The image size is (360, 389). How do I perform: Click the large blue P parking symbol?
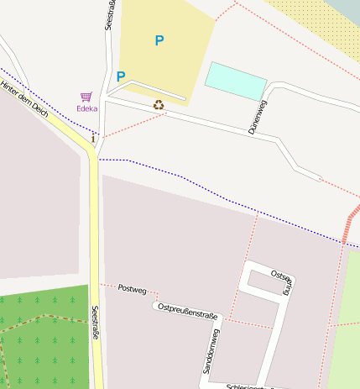159,39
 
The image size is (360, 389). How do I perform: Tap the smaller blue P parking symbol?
121,76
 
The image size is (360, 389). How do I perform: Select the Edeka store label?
87,108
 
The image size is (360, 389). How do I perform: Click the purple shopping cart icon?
86,97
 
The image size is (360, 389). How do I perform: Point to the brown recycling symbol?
159,105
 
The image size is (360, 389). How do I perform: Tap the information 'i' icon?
93,138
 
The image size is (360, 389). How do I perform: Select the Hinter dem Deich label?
24,105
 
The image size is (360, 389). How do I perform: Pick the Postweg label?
132,289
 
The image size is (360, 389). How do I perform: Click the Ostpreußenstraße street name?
187,311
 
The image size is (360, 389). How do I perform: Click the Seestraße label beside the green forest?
96,323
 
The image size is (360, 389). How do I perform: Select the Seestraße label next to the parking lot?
109,15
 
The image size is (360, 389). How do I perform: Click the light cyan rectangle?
236,81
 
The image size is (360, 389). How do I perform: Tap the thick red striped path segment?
349,225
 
